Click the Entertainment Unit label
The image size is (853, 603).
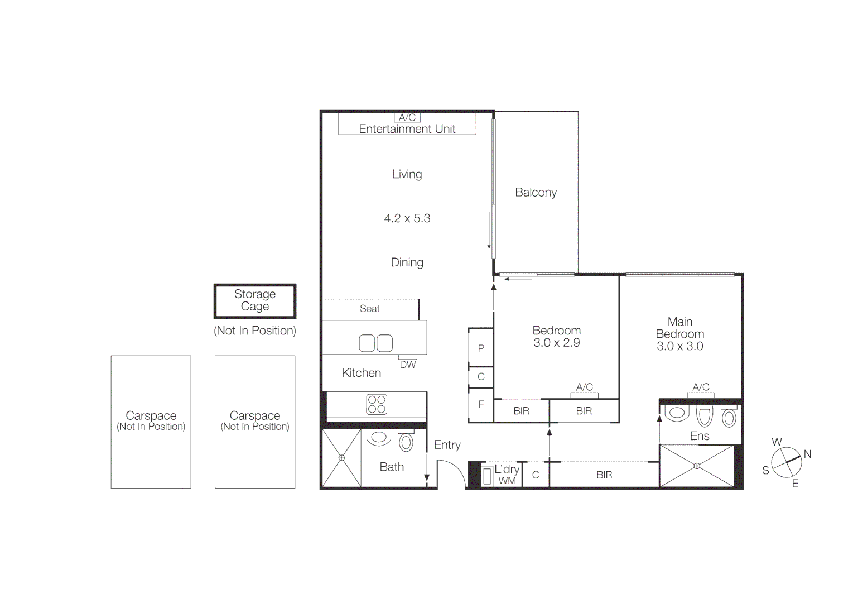pos(407,129)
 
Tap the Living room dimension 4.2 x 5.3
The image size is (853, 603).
pos(407,218)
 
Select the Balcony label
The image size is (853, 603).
pos(536,193)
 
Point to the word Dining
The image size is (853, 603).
pos(407,262)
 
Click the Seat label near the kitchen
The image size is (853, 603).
pos(369,309)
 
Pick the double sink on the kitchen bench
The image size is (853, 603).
pos(375,343)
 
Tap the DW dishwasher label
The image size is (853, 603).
pos(408,365)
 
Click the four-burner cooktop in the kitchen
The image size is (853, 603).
pos(377,404)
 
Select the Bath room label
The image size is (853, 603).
pos(392,467)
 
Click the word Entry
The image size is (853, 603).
pos(447,445)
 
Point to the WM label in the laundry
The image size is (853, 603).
pos(507,481)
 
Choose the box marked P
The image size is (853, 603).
pos(481,348)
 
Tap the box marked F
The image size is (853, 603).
pos(481,404)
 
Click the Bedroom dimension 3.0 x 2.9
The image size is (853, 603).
pos(556,343)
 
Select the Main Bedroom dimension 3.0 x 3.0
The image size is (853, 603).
pos(679,346)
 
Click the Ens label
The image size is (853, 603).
pos(700,436)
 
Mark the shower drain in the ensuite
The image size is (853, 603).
pos(697,466)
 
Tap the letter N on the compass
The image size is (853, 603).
pos(807,454)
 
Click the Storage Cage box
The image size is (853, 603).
pos(255,300)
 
